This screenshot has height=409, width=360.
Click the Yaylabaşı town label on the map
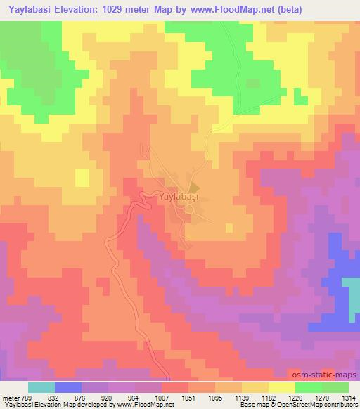click(179, 199)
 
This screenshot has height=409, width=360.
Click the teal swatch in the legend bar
click(41, 387)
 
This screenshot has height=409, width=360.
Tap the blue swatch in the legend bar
click(68, 387)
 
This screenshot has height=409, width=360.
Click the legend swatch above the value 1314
click(335, 387)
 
